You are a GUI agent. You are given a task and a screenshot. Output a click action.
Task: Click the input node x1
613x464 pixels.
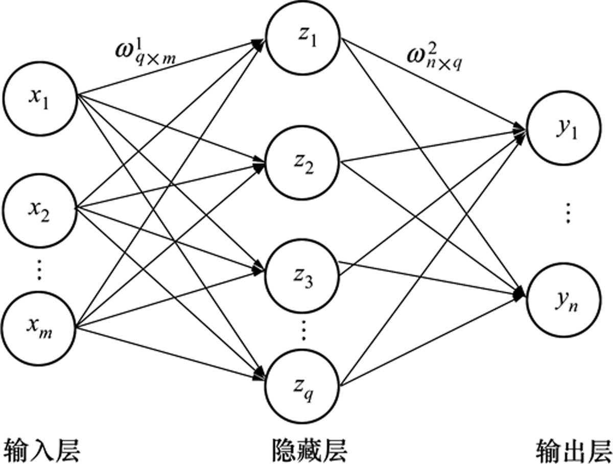click(40, 98)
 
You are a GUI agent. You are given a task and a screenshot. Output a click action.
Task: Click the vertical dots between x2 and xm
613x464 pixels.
click(40, 270)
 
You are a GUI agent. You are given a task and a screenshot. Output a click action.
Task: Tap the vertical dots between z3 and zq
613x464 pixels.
click(303, 331)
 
